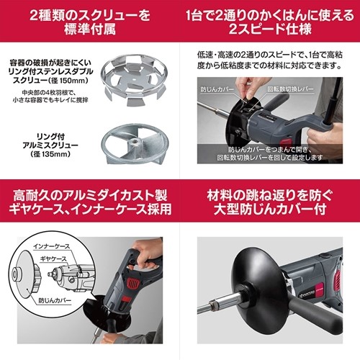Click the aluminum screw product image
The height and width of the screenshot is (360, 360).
(x=138, y=141)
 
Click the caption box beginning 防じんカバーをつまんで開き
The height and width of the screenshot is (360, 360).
(x=270, y=156)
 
